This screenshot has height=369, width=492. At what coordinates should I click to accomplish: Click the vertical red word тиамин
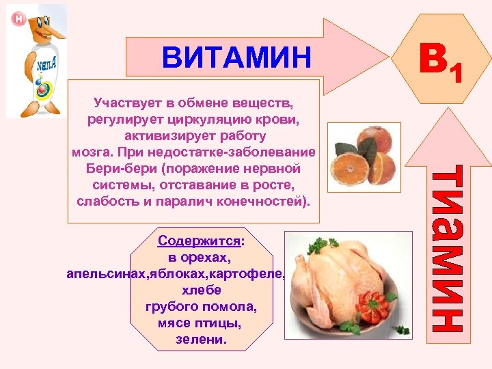pyautogui.click(x=452, y=249)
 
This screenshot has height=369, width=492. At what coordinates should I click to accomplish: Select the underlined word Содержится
pyautogui.click(x=200, y=241)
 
